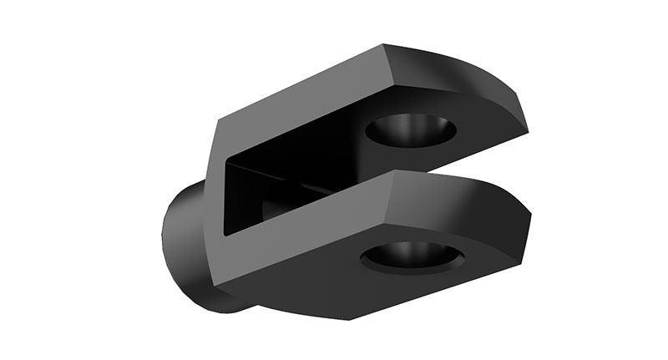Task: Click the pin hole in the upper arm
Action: click(411, 129)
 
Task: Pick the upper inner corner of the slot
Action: click(229, 162)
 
